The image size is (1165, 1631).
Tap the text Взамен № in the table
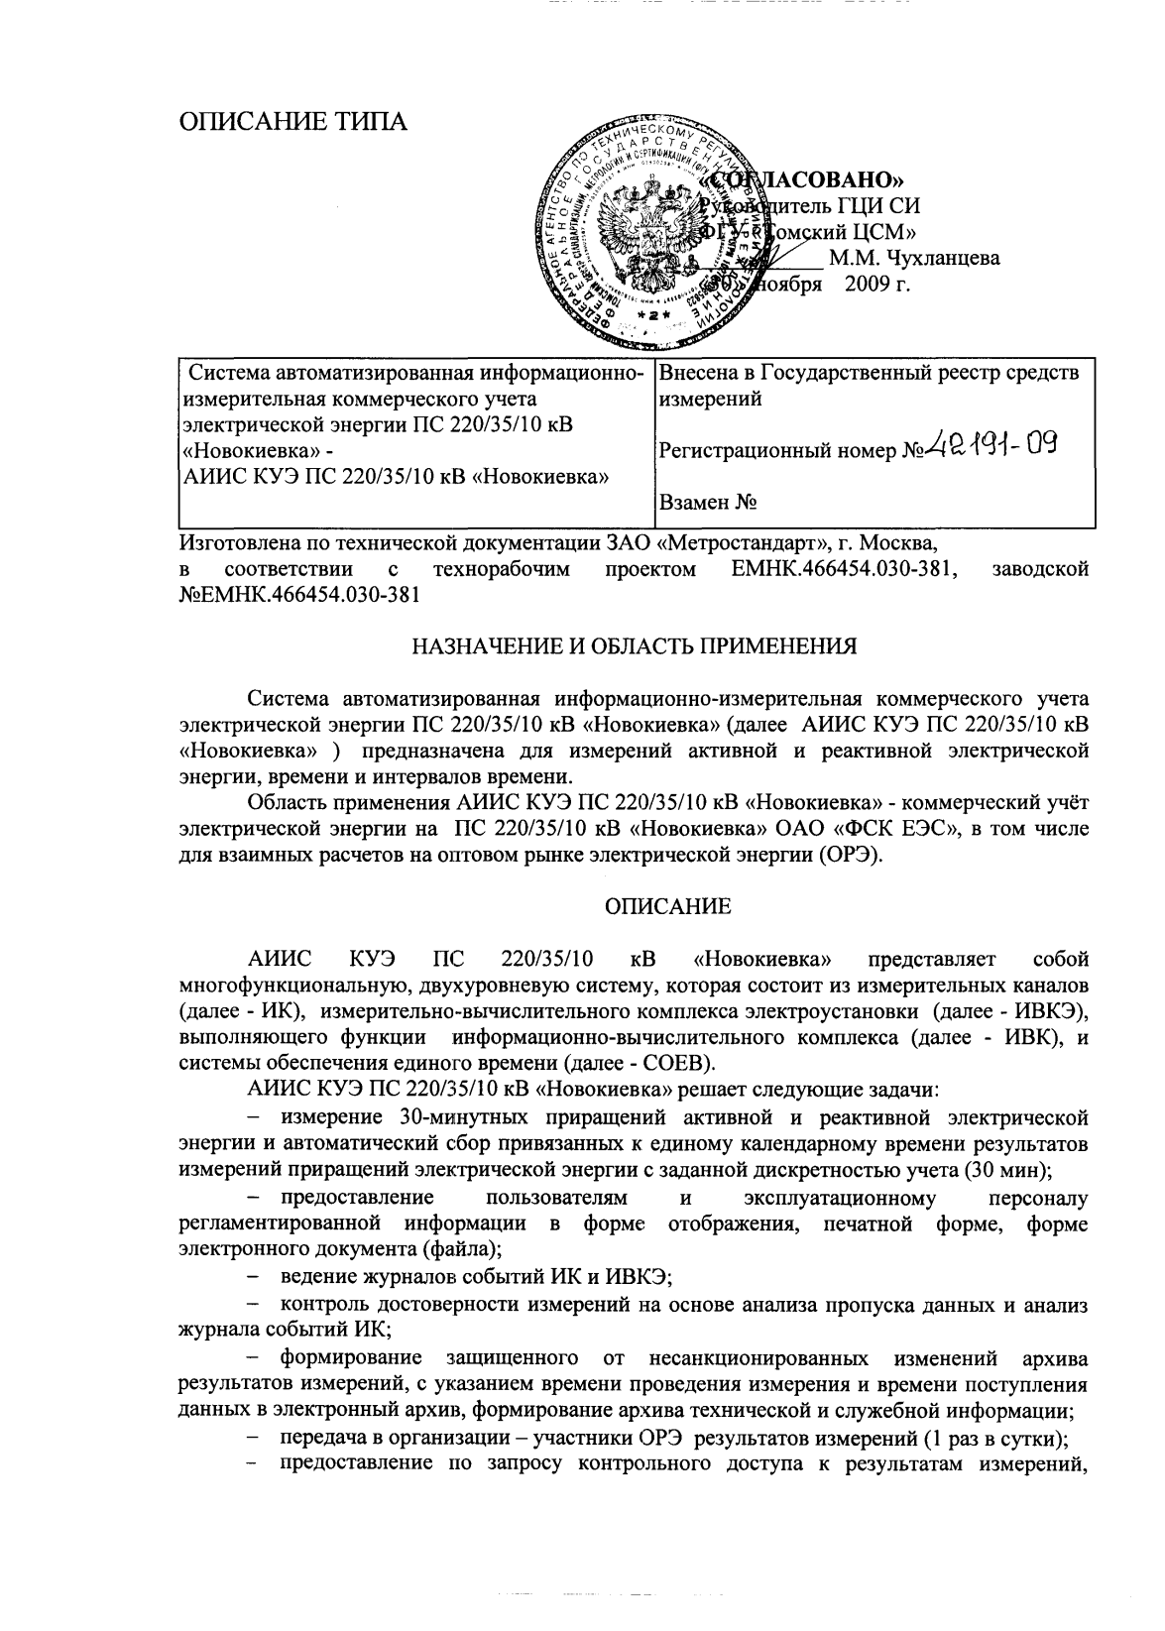[709, 503]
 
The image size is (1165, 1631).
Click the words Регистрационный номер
[779, 452]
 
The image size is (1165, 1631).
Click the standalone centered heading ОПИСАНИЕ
[668, 906]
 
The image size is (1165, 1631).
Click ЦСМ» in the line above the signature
[881, 233]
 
